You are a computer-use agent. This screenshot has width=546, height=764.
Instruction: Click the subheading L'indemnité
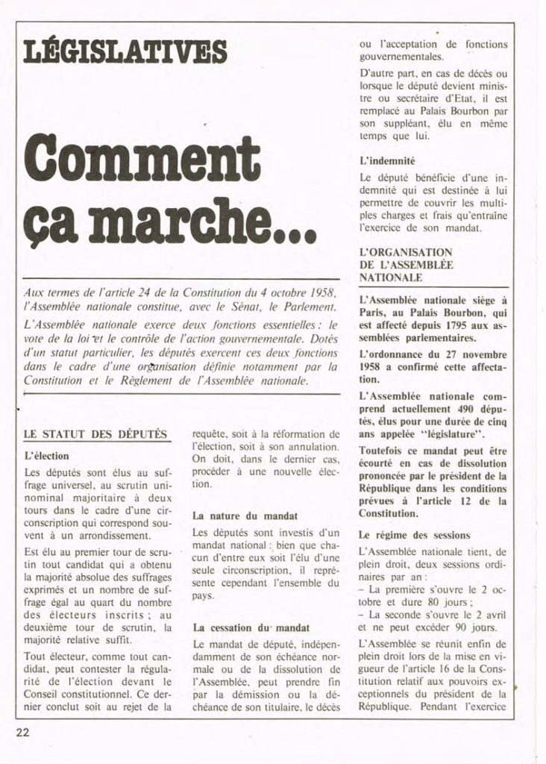point(387,160)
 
